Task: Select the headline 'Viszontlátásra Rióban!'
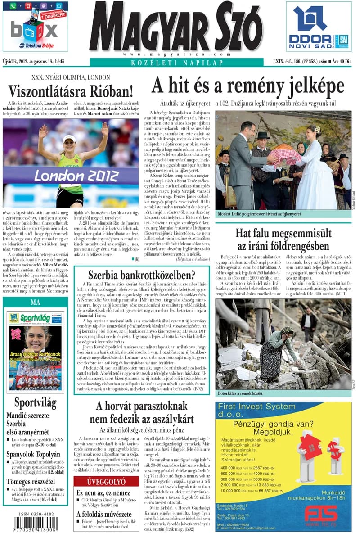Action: pos(71,91)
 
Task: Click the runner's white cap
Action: pos(70,138)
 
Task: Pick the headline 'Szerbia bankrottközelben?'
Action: pos(141,274)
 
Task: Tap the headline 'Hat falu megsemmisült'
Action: pos(283,233)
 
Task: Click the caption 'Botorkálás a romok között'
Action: pos(240,393)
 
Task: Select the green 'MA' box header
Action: pos(35,302)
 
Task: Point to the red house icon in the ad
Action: pos(309,448)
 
